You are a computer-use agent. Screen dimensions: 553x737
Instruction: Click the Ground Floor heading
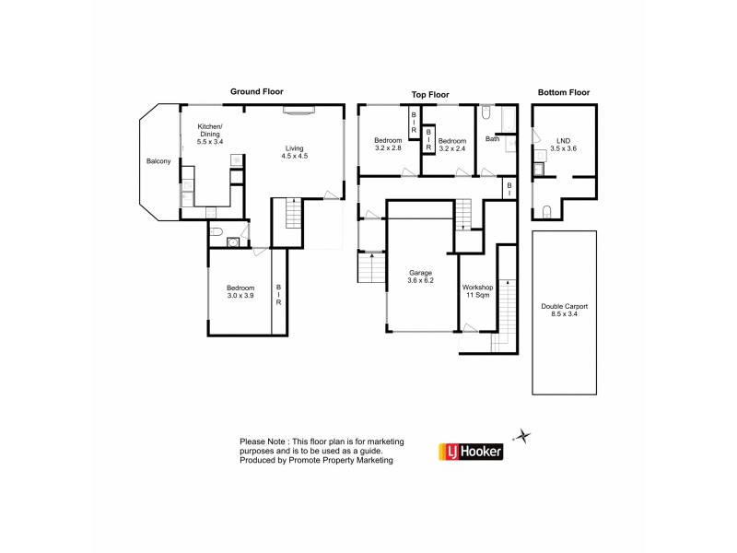pyautogui.click(x=257, y=91)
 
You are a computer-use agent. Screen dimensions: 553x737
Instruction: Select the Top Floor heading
pyautogui.click(x=429, y=94)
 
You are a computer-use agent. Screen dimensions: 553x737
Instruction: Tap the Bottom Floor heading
pyautogui.click(x=563, y=92)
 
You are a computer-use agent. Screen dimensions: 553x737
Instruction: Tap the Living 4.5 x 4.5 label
pyautogui.click(x=294, y=152)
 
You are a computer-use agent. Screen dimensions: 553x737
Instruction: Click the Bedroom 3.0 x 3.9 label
pyautogui.click(x=240, y=292)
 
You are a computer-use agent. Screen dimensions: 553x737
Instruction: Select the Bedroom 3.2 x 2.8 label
pyautogui.click(x=388, y=144)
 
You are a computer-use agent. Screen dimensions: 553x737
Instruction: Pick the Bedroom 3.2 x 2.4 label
pyautogui.click(x=452, y=144)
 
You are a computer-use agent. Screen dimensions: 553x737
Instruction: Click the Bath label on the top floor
pyautogui.click(x=493, y=139)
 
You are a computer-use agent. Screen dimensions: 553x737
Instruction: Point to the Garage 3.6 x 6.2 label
pyautogui.click(x=420, y=276)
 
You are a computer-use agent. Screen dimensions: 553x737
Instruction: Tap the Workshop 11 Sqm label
pyautogui.click(x=478, y=291)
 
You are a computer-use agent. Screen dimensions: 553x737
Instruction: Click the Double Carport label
pyautogui.click(x=564, y=312)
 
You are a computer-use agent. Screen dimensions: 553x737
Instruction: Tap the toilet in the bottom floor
pyautogui.click(x=547, y=213)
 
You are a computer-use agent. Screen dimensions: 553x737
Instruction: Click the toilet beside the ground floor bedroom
pyautogui.click(x=214, y=234)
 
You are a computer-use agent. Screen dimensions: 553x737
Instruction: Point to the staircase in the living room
pyautogui.click(x=293, y=218)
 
